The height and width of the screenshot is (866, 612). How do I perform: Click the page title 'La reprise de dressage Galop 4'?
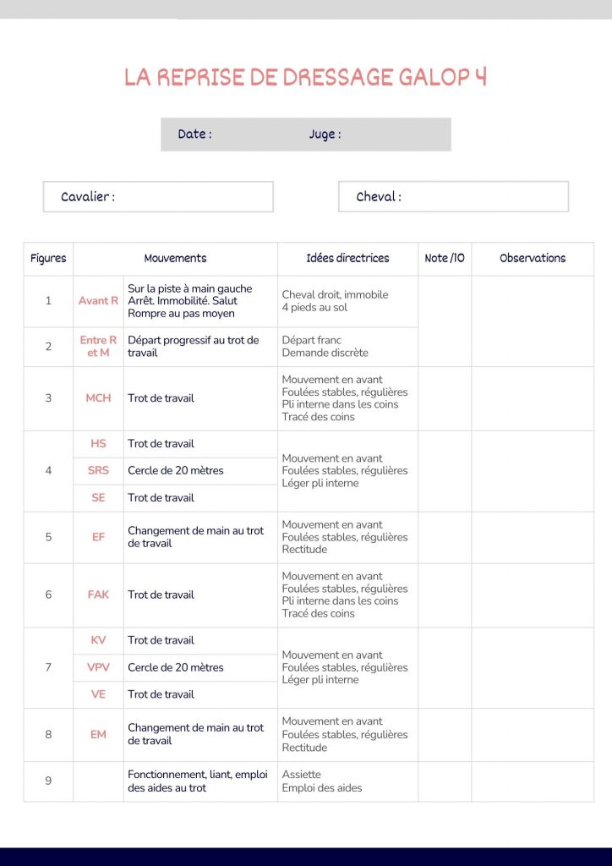305,77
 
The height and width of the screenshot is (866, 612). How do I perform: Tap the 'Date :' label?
194,134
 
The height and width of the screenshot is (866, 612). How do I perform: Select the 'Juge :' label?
325,134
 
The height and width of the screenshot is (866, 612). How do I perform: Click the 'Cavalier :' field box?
158,196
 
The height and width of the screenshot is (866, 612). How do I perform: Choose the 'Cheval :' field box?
453,196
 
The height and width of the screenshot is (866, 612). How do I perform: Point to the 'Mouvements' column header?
175,258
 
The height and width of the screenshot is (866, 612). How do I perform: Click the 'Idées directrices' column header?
347,258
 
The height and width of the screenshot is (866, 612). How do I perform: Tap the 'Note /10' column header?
445,258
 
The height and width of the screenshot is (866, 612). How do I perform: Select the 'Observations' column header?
533,258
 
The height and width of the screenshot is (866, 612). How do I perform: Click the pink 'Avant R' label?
98,300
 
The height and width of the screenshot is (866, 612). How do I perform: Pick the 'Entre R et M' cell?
98,346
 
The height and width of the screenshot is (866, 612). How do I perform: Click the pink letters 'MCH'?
98,397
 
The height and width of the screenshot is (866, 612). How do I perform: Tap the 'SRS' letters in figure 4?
98,470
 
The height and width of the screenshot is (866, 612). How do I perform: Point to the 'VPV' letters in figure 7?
98,667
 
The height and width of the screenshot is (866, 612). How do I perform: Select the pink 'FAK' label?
98,595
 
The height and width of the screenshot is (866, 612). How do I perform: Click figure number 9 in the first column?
48,781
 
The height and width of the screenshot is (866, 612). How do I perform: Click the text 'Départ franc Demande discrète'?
325,346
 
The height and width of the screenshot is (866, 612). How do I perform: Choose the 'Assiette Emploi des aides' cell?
322,781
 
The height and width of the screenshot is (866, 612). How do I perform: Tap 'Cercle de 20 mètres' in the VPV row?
176,667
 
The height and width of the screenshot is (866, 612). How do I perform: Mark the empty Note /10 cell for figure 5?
445,537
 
